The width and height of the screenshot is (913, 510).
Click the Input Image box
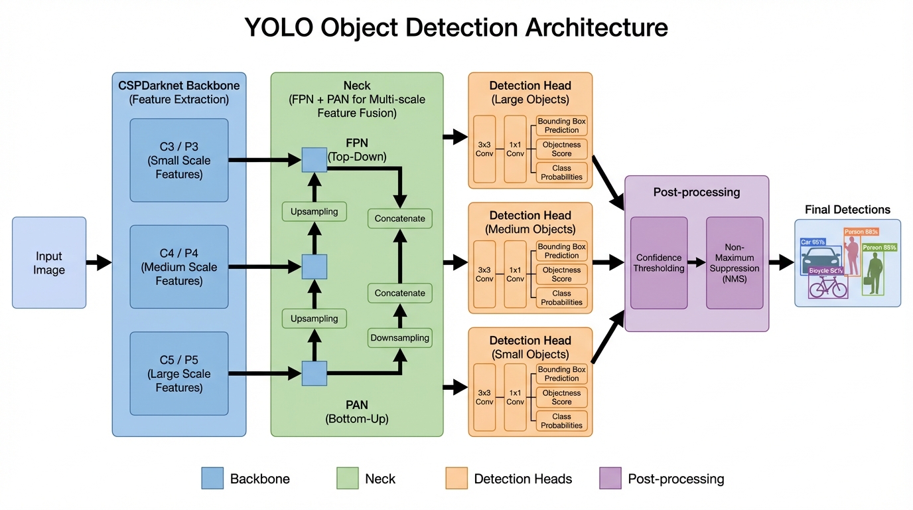(x=49, y=263)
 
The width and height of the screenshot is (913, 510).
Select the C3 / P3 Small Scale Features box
(x=179, y=160)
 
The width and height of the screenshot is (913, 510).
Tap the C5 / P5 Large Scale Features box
(x=179, y=373)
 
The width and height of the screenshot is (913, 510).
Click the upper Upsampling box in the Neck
(x=315, y=212)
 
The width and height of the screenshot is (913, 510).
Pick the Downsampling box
(x=399, y=337)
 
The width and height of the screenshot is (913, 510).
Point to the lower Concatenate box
(x=399, y=293)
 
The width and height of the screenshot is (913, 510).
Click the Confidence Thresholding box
(x=659, y=263)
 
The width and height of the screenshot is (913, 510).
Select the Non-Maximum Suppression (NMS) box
(x=735, y=263)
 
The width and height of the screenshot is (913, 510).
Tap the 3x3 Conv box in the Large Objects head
(x=484, y=149)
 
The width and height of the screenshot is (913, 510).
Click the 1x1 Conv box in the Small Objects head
(x=516, y=397)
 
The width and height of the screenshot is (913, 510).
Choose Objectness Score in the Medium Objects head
(x=561, y=274)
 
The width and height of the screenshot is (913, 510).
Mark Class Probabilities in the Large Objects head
(x=561, y=172)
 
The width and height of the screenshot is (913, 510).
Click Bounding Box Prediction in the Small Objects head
(x=561, y=374)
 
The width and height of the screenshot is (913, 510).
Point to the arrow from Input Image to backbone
(x=100, y=263)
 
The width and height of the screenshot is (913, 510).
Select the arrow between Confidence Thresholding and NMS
(x=697, y=263)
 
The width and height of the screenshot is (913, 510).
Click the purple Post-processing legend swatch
(x=610, y=478)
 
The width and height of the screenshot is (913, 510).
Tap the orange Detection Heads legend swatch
(x=456, y=478)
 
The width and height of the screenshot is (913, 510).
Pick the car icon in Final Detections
(x=821, y=260)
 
